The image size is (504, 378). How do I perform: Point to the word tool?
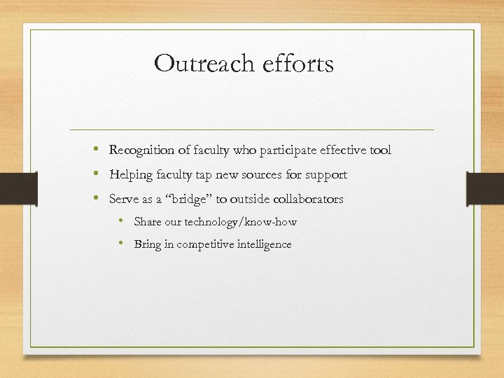pos(381,150)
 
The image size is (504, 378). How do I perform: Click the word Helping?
pos(130,174)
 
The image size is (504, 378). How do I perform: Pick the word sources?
pos(262,174)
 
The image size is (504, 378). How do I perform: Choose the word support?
pos(325,175)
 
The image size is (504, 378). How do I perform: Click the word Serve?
pos(123,199)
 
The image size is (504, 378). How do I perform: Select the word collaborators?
pos(307,199)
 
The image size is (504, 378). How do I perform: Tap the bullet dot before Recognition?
pos(94,150)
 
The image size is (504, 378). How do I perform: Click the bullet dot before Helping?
pos(94,174)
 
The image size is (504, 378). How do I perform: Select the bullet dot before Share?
pos(121,221)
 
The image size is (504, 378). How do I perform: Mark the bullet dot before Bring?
pos(121,244)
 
